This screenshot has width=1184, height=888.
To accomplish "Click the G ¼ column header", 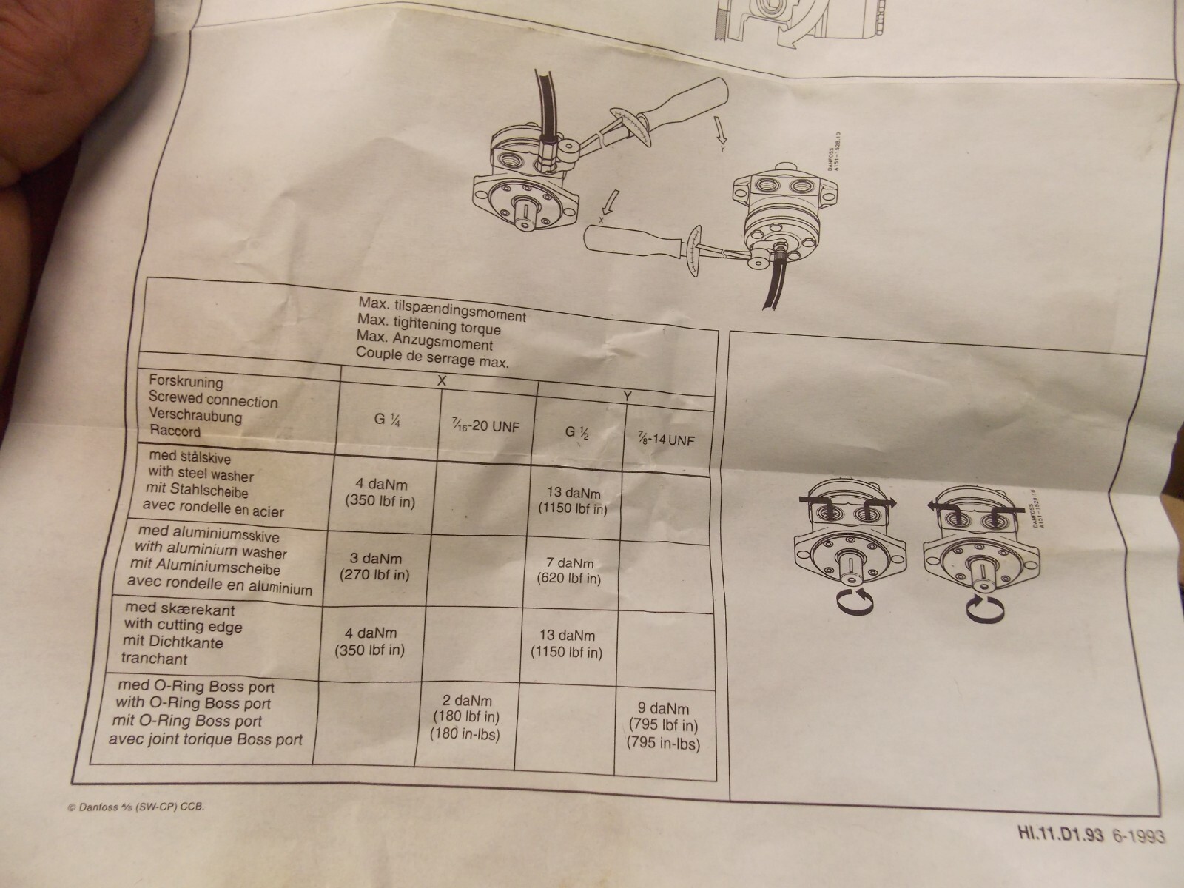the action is point(387,419).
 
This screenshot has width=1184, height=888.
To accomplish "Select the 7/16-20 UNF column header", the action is point(485,426).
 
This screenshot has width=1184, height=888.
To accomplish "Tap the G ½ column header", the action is point(576,432).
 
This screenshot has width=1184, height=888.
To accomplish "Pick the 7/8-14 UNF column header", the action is point(666,440).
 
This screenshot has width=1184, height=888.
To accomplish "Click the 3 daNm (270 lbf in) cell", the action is point(374,567).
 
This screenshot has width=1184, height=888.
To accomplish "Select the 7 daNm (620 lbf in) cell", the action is point(568,571).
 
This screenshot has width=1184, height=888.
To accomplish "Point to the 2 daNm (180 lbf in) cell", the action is point(465,717).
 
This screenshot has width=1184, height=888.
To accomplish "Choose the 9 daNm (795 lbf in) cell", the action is point(664,726).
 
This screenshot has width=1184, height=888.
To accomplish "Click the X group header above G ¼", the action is point(442,381).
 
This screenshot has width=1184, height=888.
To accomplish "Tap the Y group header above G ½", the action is point(628,397).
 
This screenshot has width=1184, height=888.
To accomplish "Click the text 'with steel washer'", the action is point(201,474).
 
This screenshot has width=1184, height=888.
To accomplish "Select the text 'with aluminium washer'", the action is point(210,550).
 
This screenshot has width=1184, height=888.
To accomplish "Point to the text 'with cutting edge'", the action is point(183,625).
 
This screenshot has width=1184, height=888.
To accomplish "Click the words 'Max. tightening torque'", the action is point(428,325).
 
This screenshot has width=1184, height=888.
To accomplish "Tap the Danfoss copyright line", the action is point(136,807).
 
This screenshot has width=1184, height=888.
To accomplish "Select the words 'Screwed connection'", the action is point(213,400).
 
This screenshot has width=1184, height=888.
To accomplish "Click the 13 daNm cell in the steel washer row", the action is point(572,500).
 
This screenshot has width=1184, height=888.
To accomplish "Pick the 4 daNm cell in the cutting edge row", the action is point(370,641).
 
